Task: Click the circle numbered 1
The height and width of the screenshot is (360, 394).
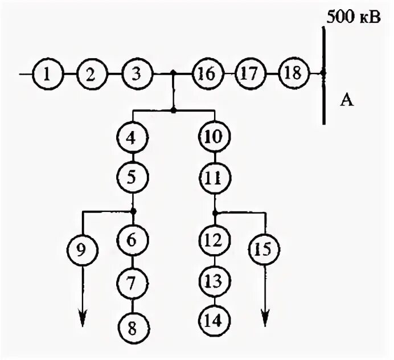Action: click(x=47, y=73)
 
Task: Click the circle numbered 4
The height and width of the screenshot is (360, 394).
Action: click(x=132, y=138)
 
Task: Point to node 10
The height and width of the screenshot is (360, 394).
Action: click(x=214, y=138)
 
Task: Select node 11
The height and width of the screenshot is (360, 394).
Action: click(x=214, y=178)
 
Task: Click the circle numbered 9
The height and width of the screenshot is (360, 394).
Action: click(x=83, y=249)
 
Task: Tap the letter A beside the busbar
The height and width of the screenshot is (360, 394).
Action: click(x=348, y=101)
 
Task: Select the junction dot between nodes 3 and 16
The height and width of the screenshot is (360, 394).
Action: click(x=173, y=73)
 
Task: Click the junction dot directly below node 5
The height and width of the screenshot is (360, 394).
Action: click(x=133, y=211)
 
